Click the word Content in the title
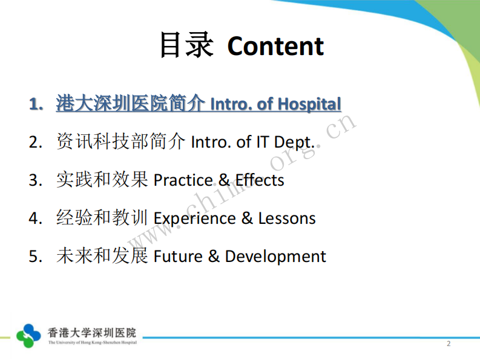pos(275,47)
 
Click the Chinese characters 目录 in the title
pos(186,45)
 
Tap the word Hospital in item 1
pos(309,105)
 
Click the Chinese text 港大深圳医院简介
pos(130,104)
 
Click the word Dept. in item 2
pos(295,143)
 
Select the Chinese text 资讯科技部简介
pos(120,142)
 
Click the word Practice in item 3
pos(183,180)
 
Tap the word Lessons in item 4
pos(287,218)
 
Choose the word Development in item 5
pos(275,257)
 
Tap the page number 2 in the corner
pos(449,344)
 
